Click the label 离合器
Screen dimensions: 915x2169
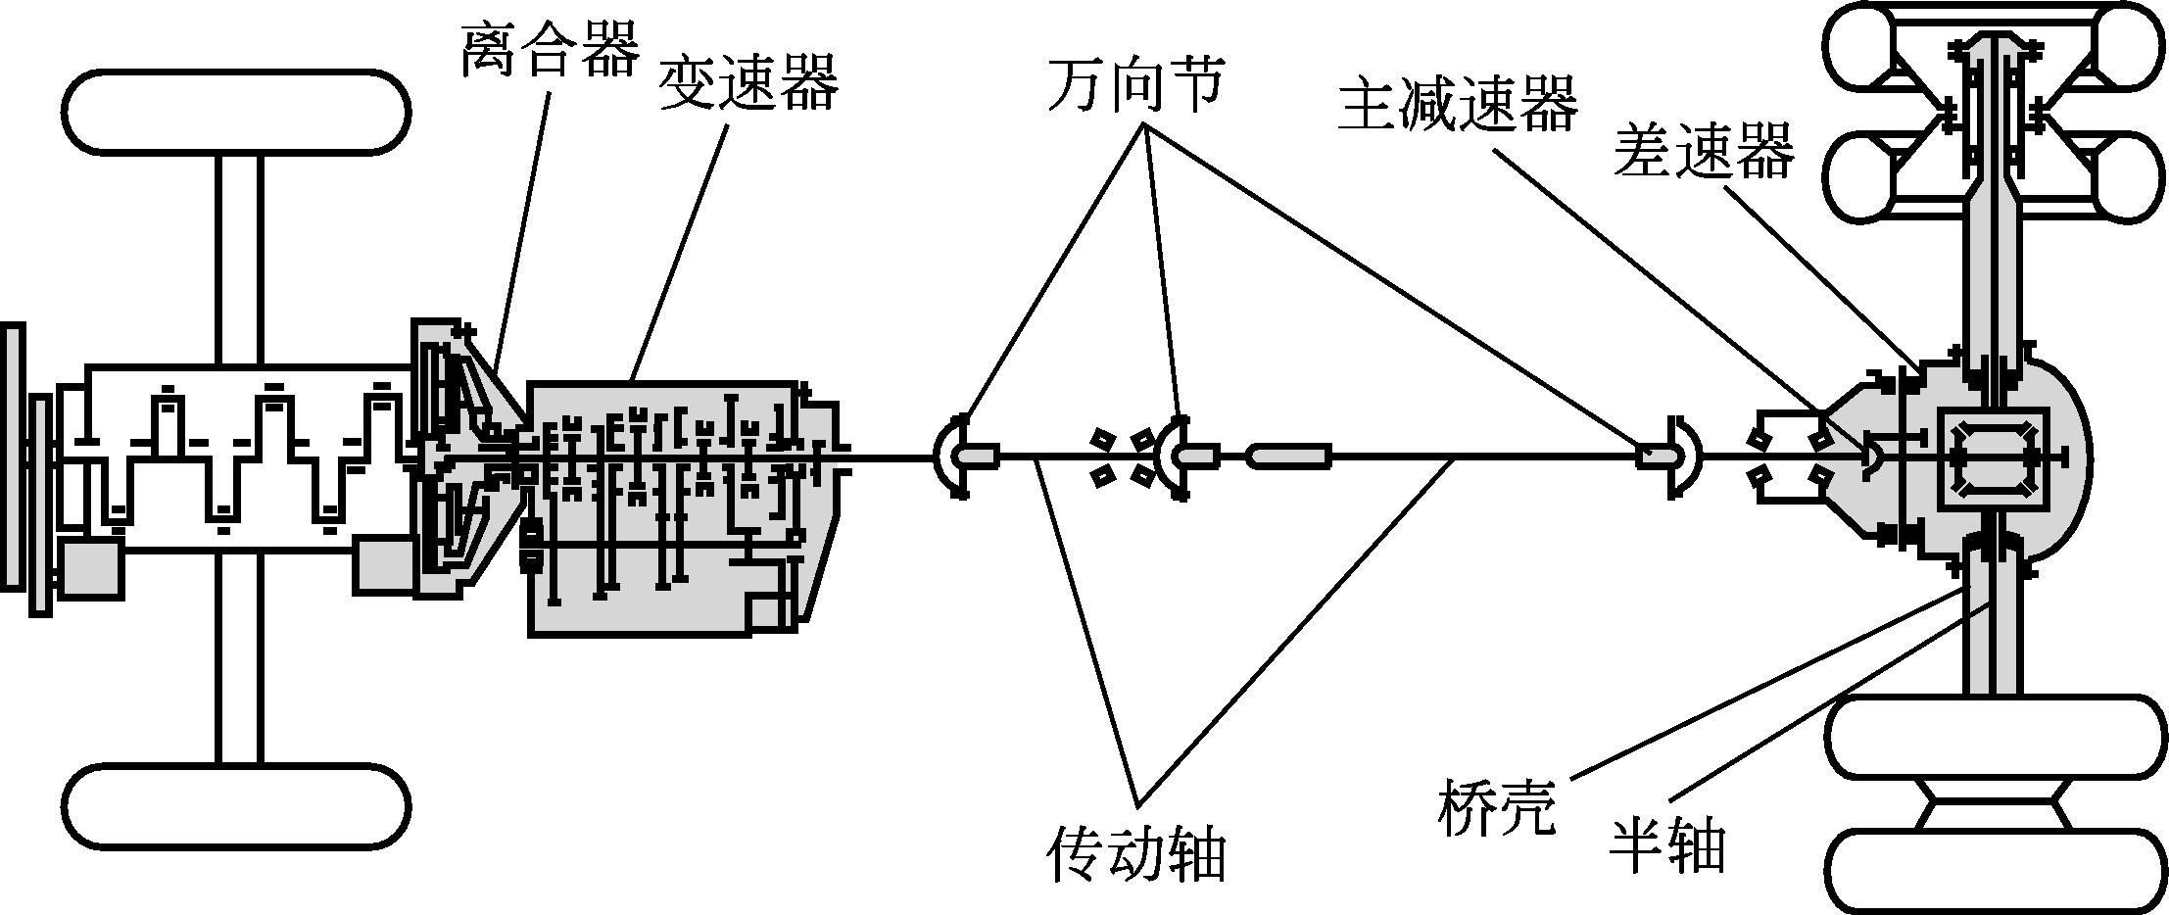click(x=550, y=50)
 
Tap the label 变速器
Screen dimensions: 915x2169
click(x=748, y=84)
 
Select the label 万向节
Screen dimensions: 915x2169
click(x=1135, y=82)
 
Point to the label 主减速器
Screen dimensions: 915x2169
click(x=1458, y=105)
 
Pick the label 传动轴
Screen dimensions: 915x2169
click(x=1136, y=853)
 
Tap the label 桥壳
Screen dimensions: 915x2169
click(x=1496, y=807)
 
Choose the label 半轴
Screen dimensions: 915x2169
click(x=1666, y=845)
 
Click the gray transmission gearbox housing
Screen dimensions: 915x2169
click(x=676, y=588)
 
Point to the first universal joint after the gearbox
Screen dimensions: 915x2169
click(x=953, y=456)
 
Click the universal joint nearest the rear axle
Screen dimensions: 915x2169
click(x=1681, y=456)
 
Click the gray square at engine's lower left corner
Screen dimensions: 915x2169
click(x=91, y=567)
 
